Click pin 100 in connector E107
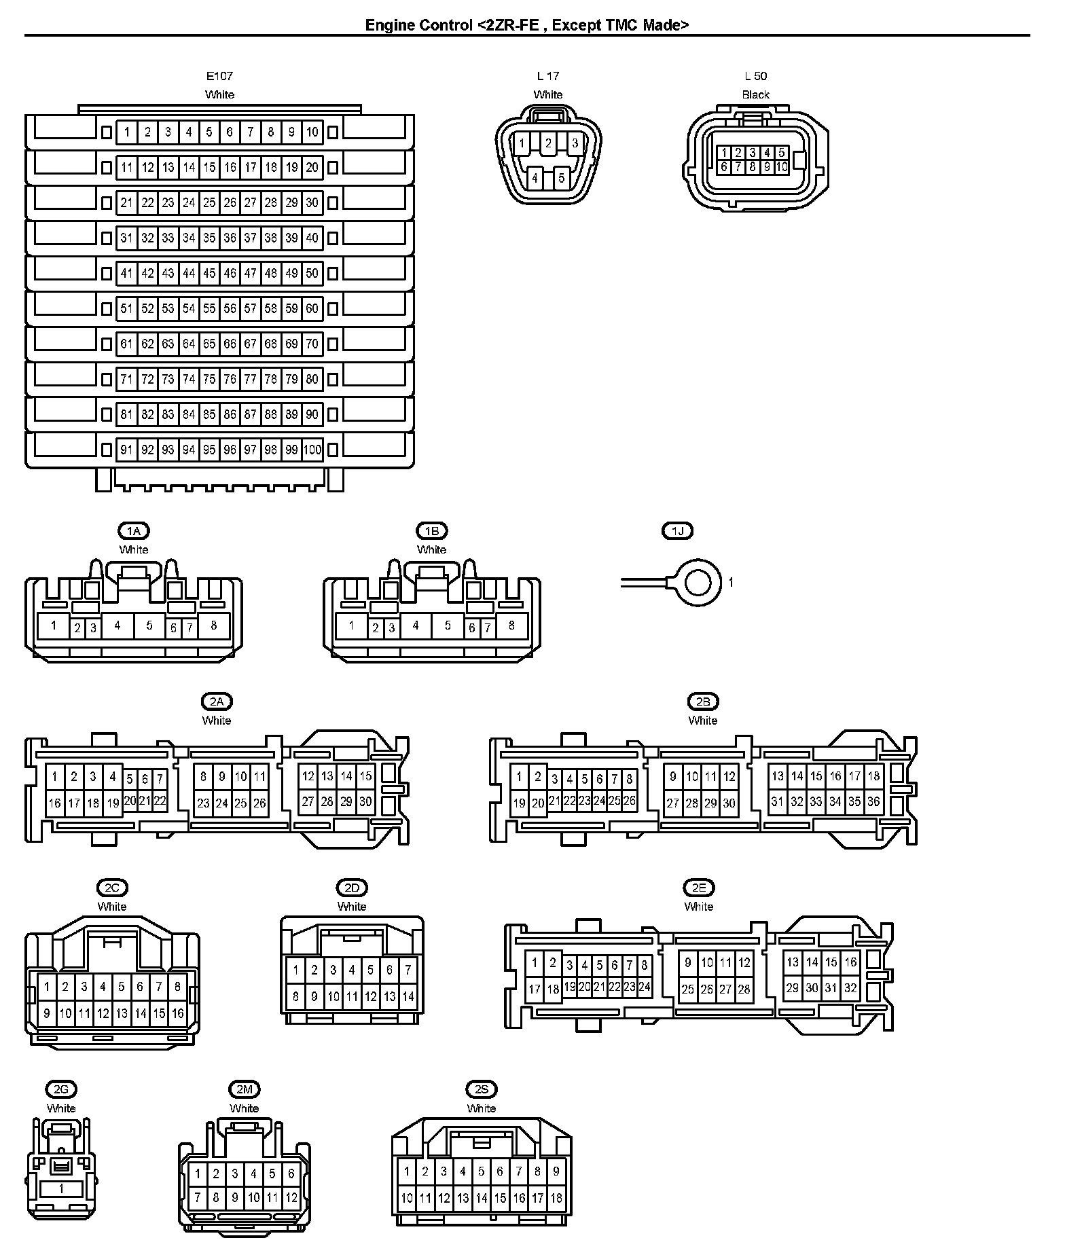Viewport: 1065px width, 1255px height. (312, 450)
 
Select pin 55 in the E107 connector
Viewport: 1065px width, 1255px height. (209, 308)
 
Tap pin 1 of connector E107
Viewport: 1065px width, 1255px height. (127, 132)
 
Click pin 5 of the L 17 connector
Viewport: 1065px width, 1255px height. (561, 179)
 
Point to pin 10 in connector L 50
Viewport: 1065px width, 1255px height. (781, 166)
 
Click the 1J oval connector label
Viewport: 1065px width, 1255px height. (677, 531)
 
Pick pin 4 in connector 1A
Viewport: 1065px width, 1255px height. (118, 625)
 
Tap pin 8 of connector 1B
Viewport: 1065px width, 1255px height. (511, 625)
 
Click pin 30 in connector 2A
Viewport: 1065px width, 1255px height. (365, 802)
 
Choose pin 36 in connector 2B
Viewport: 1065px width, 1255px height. (873, 802)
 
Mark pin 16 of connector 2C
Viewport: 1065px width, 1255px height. (177, 1013)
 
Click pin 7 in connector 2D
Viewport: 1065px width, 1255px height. (408, 970)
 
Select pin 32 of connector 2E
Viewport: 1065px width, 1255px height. (850, 989)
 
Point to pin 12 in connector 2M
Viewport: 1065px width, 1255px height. (291, 1198)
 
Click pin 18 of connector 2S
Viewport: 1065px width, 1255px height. (556, 1198)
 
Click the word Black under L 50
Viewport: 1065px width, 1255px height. (755, 95)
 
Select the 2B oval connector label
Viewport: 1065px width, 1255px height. (702, 702)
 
